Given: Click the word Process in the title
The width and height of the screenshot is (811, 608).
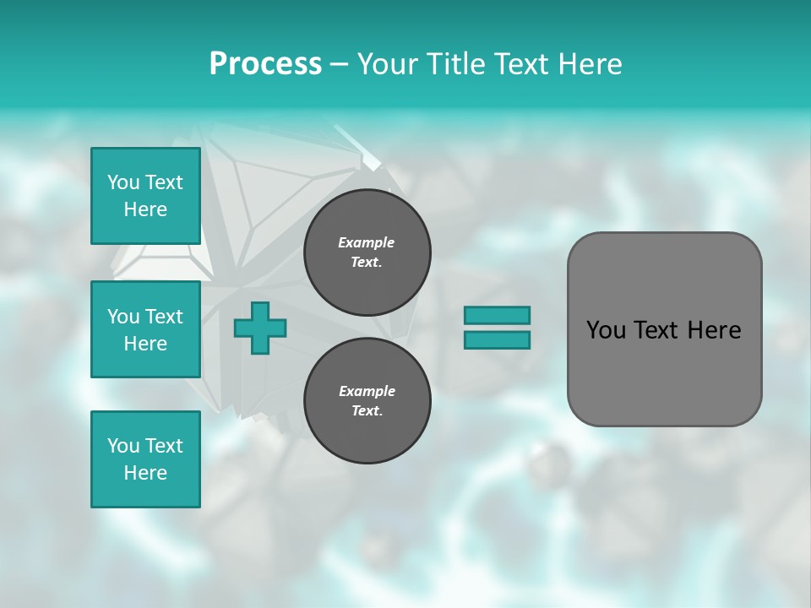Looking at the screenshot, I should (265, 64).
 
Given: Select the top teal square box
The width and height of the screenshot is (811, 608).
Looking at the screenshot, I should (145, 196).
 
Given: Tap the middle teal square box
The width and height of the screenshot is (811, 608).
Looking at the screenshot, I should (145, 329).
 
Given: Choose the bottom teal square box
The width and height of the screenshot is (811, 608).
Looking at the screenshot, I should (145, 459).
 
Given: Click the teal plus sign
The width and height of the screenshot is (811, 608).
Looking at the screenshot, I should (260, 328).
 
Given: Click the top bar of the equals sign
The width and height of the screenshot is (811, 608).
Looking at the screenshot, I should (497, 315).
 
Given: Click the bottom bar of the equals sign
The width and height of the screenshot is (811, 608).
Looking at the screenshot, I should (497, 339).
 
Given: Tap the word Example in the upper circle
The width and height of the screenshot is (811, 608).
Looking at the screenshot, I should (367, 242).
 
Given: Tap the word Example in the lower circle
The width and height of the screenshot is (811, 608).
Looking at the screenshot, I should (367, 391).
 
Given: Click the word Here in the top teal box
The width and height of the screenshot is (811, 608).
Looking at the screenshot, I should (145, 209).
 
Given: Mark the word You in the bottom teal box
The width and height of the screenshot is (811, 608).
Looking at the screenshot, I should (122, 445).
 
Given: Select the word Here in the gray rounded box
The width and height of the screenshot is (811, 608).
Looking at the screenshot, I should (715, 330).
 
